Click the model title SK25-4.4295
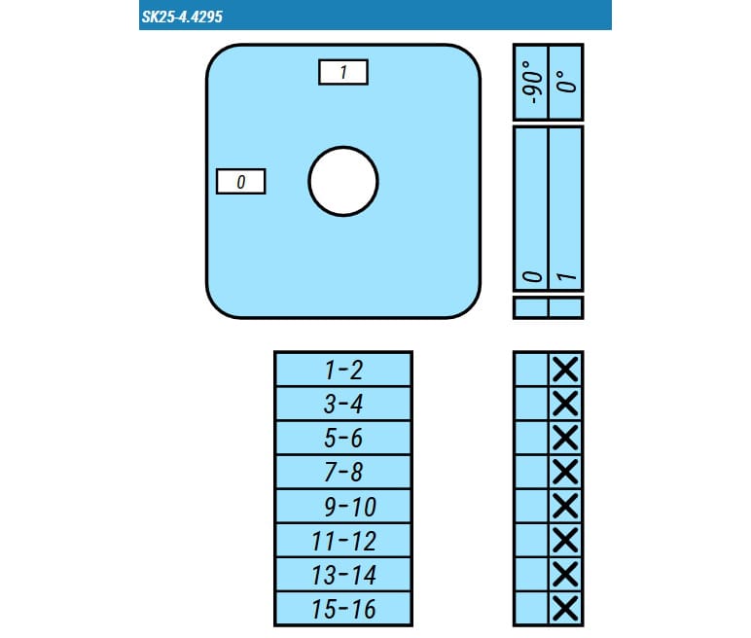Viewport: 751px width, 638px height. coord(182,17)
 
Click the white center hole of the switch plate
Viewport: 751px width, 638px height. coord(343,182)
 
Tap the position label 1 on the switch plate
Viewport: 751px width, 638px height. coord(343,72)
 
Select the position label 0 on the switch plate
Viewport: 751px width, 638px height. coord(241,182)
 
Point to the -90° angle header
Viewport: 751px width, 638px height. coord(532,82)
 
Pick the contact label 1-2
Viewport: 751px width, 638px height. coord(343,370)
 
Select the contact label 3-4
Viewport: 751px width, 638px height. coord(343,404)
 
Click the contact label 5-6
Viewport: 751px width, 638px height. coord(343,438)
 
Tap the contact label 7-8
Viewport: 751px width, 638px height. coord(343,472)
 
